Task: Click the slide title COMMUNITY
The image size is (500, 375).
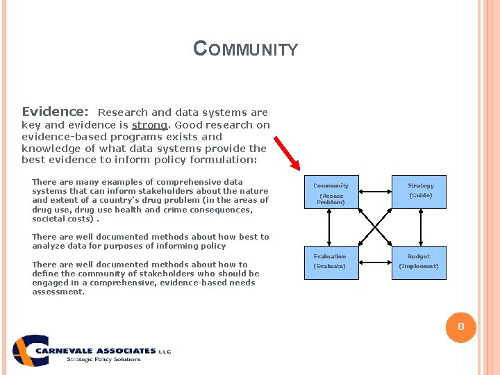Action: coord(245,49)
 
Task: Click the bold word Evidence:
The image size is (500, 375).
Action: coord(55,112)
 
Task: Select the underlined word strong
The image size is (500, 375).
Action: coord(149,125)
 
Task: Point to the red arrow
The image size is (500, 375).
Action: coord(286,153)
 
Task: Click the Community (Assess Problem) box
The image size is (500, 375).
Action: coord(331,192)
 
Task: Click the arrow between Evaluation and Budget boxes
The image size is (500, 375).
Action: coord(375,263)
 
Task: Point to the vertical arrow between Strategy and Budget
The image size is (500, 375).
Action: coord(420,228)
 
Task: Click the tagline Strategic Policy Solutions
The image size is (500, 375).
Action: coord(103,359)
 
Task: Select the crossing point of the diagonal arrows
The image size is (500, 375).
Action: coord(376,228)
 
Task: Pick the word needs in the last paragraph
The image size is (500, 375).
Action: coord(243,283)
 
